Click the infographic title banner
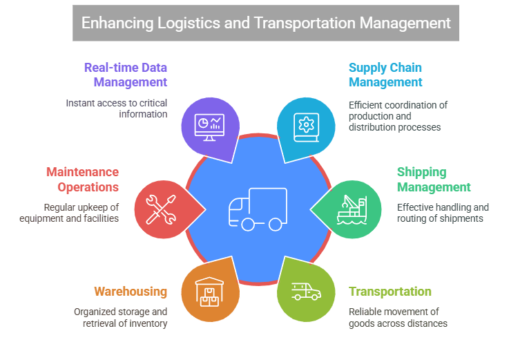pos(266,22)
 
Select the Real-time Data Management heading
pos(126,75)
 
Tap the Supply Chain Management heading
pos(385,75)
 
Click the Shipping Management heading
pos(433,180)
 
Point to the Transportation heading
pos(390,292)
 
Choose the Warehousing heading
pos(131,292)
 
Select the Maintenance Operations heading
pos(82,180)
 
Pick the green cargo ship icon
pos(353,209)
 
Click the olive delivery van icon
pos(305,291)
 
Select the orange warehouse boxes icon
pos(209,291)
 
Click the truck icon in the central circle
pos(255,209)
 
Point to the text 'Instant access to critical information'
pos(117,108)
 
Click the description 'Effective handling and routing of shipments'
pos(443,213)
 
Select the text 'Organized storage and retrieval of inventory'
pos(121,317)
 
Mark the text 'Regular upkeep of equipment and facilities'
pos(81,213)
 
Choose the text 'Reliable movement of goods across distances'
pos(398,317)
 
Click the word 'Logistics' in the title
pos(188,22)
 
